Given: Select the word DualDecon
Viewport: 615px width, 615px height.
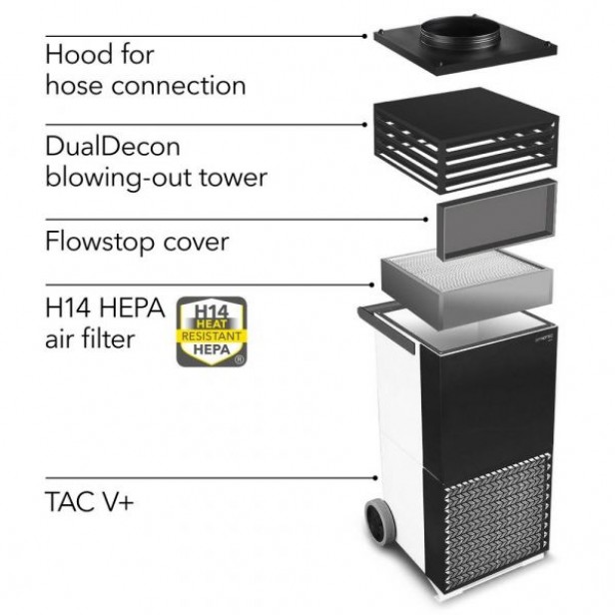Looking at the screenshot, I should [x=113, y=147].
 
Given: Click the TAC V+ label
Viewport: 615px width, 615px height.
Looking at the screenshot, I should [x=90, y=500].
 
